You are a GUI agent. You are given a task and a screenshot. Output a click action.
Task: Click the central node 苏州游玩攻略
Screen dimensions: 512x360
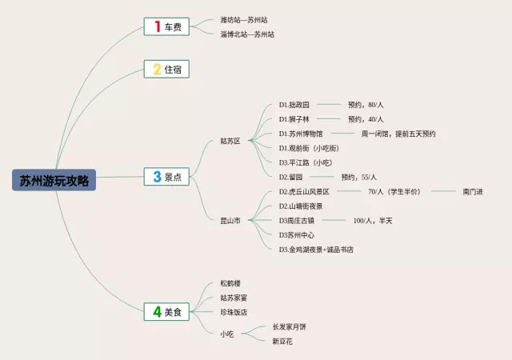click(54, 179)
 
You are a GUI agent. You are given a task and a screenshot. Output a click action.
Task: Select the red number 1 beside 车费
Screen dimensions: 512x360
click(157, 27)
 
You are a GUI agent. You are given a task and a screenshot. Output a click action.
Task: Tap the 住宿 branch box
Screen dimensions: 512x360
click(166, 70)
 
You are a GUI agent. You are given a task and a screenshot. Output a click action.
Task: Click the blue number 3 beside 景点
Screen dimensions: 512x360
click(157, 178)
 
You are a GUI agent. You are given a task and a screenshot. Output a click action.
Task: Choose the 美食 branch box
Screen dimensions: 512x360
click(166, 312)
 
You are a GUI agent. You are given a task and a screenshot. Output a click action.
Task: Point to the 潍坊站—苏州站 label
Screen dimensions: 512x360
click(244, 20)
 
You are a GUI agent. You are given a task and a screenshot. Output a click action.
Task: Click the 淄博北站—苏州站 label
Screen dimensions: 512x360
click(247, 34)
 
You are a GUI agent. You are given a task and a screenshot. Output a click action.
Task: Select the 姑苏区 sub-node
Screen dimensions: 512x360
click(230, 141)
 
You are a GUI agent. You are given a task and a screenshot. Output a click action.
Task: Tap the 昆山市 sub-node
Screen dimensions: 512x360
click(230, 220)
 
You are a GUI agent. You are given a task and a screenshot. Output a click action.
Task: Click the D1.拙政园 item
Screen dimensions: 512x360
click(294, 105)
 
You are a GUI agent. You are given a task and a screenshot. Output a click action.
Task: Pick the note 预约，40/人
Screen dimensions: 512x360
click(366, 119)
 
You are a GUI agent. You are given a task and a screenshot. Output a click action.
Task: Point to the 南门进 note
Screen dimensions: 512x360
click(473, 191)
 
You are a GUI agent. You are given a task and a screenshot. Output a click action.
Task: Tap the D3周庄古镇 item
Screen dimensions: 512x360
click(297, 220)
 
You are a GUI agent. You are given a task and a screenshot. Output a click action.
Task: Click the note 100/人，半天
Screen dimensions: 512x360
click(373, 220)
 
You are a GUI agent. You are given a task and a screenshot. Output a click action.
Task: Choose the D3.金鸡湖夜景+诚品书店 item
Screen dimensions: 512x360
click(316, 250)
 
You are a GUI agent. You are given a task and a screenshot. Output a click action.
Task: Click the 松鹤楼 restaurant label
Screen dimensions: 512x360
click(230, 284)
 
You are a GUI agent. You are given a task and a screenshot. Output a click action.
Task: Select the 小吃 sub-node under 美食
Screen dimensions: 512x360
click(227, 333)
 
